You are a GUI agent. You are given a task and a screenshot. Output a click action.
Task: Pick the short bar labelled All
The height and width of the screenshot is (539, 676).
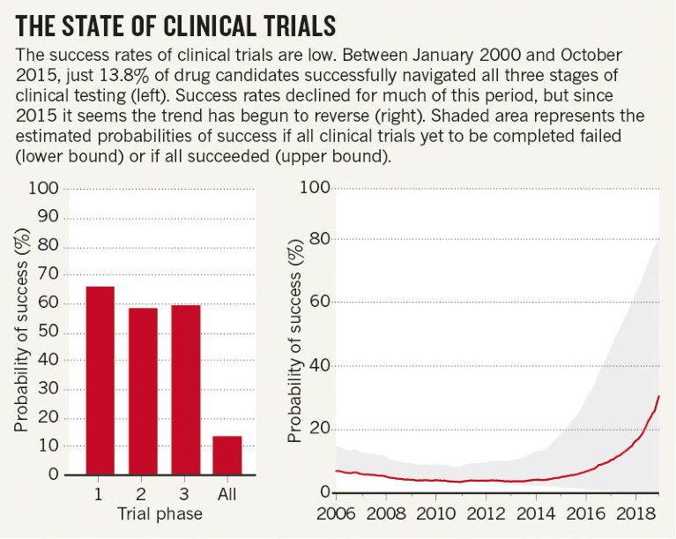[x=227, y=455]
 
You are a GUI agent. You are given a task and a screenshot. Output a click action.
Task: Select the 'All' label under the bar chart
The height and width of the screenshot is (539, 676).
[x=227, y=495]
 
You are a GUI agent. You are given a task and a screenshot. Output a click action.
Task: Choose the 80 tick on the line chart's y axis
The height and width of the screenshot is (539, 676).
[x=321, y=238]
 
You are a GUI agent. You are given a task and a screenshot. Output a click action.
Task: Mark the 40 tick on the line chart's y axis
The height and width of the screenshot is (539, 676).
[x=321, y=365]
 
